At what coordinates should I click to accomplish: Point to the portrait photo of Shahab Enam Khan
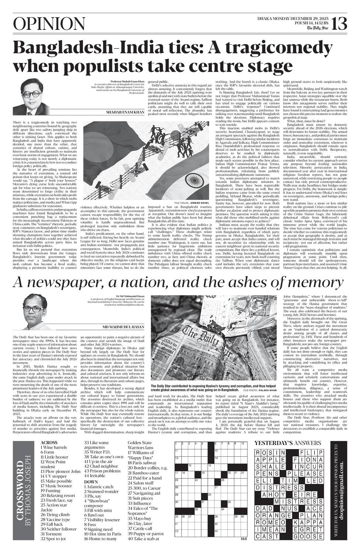30,97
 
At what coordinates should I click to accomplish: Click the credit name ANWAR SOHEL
202,202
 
